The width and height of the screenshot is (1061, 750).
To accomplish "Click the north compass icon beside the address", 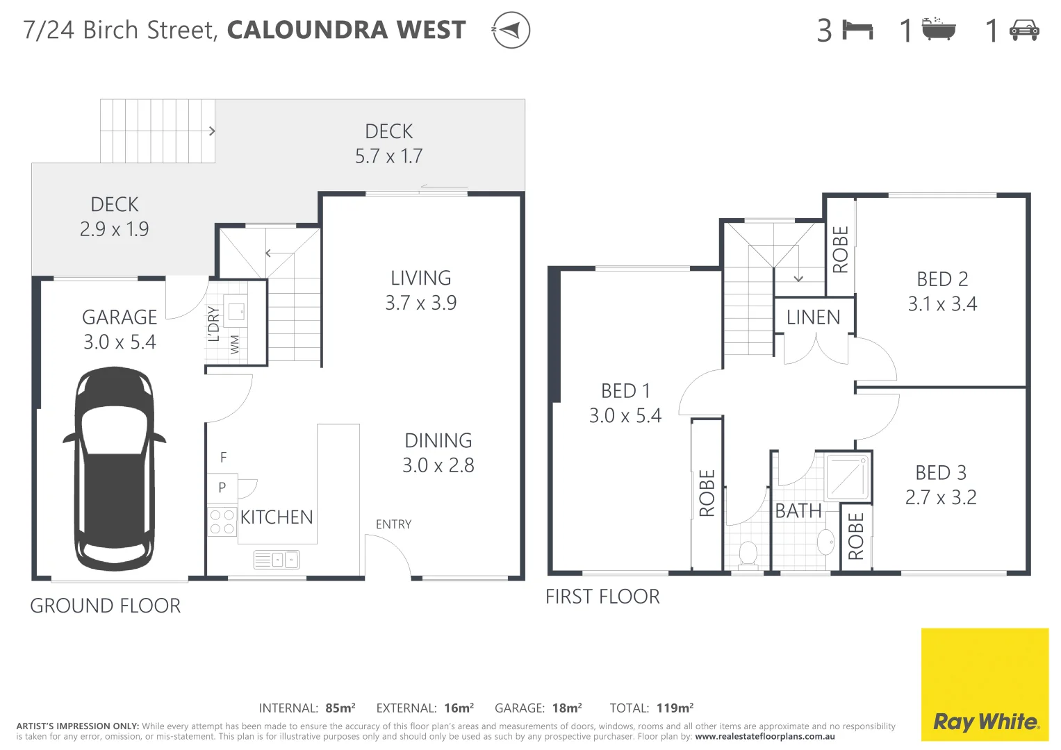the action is [x=511, y=31].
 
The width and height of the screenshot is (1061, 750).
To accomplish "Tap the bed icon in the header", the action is [x=857, y=30].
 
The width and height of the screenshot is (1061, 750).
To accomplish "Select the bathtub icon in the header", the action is [x=939, y=30].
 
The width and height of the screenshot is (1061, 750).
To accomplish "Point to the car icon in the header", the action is [x=1023, y=30].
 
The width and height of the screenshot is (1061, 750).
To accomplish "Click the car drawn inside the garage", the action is [x=114, y=469].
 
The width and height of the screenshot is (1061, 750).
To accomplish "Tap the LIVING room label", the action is [x=420, y=278].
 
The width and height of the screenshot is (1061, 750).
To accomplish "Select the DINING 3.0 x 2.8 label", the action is [x=438, y=453].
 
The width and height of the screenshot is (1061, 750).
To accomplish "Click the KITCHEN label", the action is [x=277, y=517].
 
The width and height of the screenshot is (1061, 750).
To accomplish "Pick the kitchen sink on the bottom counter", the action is [x=277, y=559].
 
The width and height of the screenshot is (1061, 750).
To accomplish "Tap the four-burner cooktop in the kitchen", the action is [x=222, y=522].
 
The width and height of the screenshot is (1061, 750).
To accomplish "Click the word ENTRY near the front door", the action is [x=393, y=524].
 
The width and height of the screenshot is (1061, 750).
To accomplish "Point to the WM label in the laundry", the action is [x=235, y=344].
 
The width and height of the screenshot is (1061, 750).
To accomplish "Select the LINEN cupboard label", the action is [x=813, y=317].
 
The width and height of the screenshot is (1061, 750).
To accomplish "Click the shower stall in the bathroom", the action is [x=848, y=477].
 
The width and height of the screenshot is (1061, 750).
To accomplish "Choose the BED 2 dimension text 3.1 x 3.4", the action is [x=942, y=304].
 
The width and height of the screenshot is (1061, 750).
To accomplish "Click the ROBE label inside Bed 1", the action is [x=707, y=493].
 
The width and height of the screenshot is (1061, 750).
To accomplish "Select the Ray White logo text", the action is [x=985, y=722].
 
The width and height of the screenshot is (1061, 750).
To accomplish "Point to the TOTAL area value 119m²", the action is [x=675, y=708].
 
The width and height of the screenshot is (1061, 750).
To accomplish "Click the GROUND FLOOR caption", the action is [x=106, y=606].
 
